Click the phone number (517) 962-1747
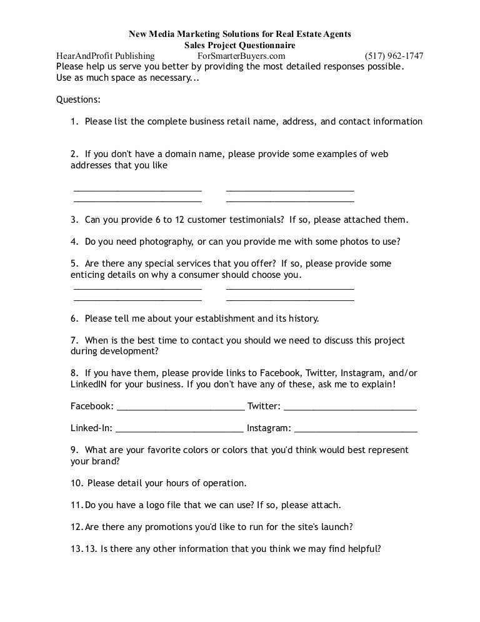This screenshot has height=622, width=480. (x=394, y=56)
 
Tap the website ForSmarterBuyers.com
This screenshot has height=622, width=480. (x=232, y=56)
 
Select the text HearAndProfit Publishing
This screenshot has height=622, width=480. (x=106, y=56)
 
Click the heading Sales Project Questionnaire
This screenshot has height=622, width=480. (x=240, y=45)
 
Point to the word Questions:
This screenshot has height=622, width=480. (x=78, y=99)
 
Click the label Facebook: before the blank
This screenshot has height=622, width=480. (x=92, y=406)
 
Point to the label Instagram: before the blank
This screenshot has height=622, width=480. (x=269, y=429)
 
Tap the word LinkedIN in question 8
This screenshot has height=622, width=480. (x=91, y=384)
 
